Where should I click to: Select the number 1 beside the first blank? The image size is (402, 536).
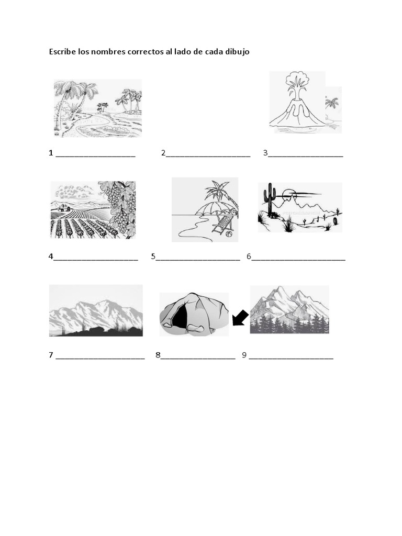point(51,153)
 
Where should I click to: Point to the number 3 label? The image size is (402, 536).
point(265,153)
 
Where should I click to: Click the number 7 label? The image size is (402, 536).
point(51,355)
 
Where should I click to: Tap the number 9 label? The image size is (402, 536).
point(244,355)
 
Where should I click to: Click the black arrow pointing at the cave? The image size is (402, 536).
point(240,317)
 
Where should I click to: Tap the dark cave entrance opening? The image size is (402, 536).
point(180,317)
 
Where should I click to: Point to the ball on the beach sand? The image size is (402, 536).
point(229,235)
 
